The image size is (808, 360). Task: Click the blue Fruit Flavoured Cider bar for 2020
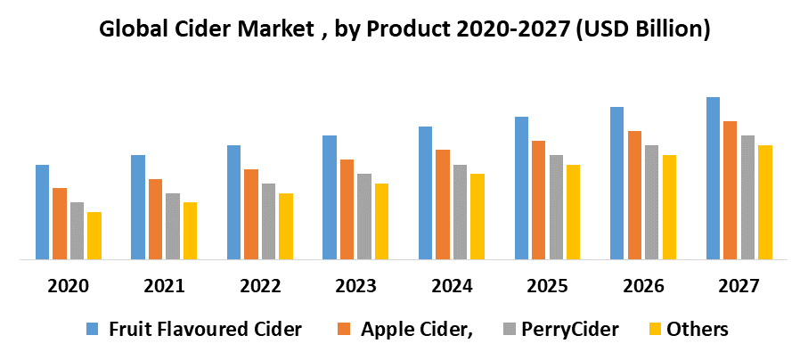[x=42, y=212]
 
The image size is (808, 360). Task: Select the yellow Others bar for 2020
[x=94, y=236]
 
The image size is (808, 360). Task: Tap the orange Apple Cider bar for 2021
[x=155, y=219]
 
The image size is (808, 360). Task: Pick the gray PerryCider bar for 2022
[x=268, y=222]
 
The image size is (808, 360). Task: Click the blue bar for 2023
[x=329, y=198]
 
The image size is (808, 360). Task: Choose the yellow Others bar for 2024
[x=477, y=217]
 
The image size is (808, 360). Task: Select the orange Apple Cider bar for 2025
[x=538, y=200]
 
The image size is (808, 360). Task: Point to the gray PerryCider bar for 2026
[x=651, y=202]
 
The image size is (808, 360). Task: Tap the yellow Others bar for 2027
[x=764, y=202]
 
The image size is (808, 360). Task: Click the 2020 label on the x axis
[x=69, y=286]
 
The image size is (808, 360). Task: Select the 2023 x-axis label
[x=355, y=286]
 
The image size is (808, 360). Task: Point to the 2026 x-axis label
[x=642, y=286]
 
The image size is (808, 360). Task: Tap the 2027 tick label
[x=739, y=286]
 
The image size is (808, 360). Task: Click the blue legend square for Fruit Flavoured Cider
[x=92, y=330]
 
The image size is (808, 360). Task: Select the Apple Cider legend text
[x=416, y=329]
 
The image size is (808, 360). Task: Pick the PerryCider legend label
[x=569, y=329]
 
